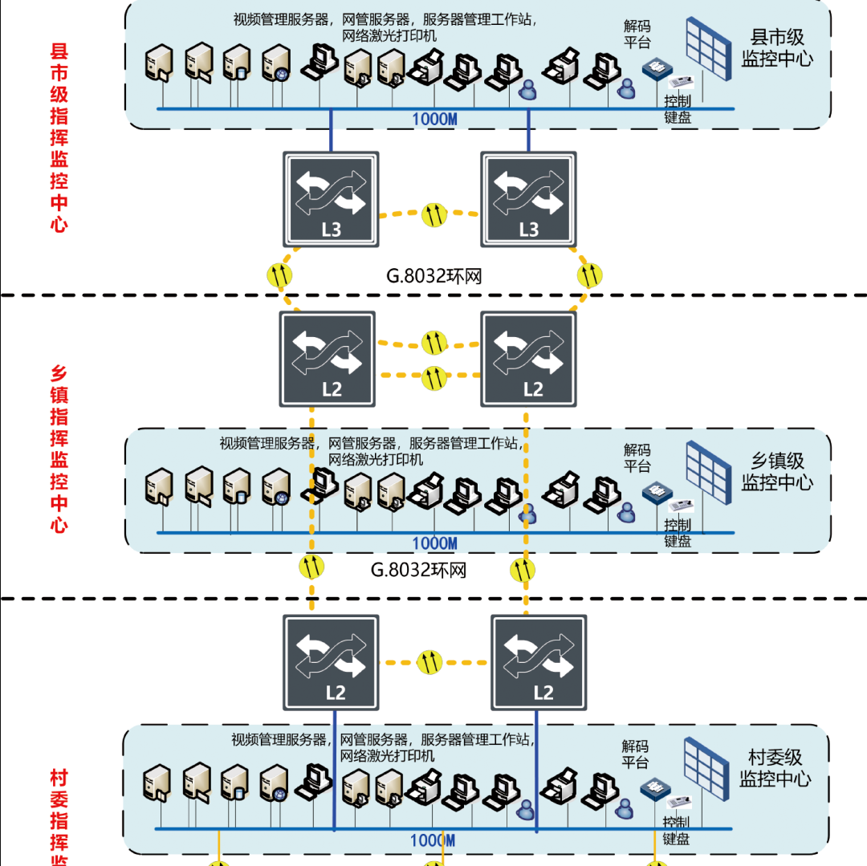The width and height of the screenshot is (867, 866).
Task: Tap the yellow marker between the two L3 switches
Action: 433,214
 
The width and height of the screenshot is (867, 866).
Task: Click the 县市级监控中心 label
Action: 776,48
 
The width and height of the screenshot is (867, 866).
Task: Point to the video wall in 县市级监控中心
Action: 709,48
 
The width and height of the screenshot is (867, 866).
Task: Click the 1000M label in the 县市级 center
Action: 434,120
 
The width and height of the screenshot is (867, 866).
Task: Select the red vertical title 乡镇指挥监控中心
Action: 59,449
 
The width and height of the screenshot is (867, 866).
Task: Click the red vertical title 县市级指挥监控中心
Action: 59,138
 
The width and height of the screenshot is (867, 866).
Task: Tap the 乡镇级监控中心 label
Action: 776,472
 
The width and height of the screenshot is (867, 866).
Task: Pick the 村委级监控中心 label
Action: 775,768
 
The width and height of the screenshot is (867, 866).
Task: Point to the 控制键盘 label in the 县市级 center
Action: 678,110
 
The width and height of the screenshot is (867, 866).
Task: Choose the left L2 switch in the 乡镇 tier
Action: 328,358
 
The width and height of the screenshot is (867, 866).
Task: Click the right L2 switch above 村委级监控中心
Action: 539,662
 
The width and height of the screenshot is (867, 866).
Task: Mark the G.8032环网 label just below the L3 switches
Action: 433,277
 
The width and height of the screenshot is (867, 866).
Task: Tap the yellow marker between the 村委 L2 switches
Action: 433,663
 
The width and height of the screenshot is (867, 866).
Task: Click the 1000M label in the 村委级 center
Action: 433,840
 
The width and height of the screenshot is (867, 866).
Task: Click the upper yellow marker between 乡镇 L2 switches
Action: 433,342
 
